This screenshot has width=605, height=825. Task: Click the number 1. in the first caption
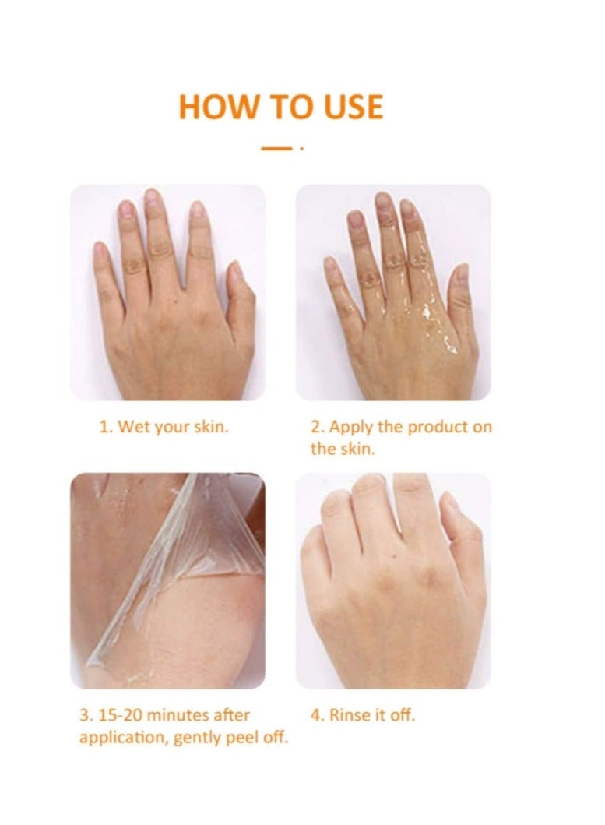106,426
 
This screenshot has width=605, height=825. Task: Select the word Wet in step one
132,426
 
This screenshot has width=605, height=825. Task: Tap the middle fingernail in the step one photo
153,198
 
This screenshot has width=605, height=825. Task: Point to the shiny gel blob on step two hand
450,344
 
